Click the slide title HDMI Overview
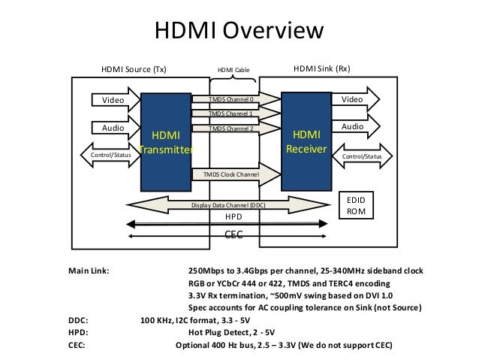click(x=238, y=32)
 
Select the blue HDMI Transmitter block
click(x=165, y=142)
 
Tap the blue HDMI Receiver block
click(x=306, y=142)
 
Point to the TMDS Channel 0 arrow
click(x=232, y=99)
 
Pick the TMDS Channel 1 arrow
click(x=232, y=114)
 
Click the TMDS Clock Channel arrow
click(x=232, y=174)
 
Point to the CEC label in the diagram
click(x=234, y=234)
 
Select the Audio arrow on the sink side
click(x=356, y=129)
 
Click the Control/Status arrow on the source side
click(x=110, y=155)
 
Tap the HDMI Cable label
click(x=233, y=71)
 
